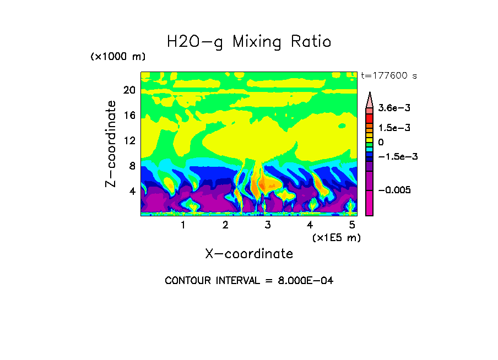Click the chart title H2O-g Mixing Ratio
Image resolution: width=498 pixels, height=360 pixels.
point(249,42)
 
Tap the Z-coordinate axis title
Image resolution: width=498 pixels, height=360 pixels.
point(111,144)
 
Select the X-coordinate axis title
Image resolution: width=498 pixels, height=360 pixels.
point(249,254)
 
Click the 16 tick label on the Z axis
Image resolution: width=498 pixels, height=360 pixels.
point(129,116)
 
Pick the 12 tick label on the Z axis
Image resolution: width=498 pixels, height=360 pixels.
point(129,140)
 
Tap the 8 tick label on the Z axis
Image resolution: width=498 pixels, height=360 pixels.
point(132,166)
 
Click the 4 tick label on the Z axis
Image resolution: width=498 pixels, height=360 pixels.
point(132,191)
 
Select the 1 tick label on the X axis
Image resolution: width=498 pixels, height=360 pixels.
point(183,225)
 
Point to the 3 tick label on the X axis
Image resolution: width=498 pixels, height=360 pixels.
point(268,225)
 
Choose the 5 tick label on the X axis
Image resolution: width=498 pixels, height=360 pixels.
point(352,225)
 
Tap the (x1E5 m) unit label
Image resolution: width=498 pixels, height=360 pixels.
point(336,237)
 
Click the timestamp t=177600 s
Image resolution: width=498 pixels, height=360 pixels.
point(388,75)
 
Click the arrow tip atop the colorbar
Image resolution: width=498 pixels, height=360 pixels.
point(370,94)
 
